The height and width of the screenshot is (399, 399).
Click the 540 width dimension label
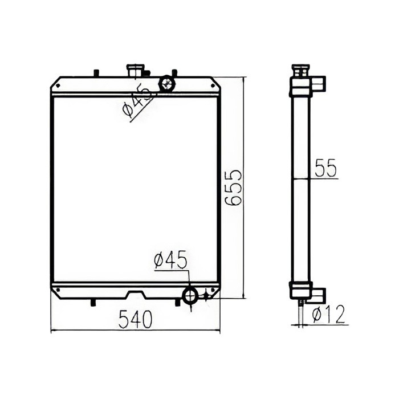pos(136,319)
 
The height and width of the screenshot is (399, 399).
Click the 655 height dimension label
pos(233,188)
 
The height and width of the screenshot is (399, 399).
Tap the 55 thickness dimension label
pos(325,168)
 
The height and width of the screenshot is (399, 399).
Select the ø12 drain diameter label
pos(328,314)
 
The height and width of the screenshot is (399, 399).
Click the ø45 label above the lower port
pos(170,260)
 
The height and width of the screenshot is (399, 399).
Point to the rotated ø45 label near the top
pos(138,101)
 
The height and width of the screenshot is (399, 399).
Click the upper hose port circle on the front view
pos(166,83)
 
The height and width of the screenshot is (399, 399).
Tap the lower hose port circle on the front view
pos(190,295)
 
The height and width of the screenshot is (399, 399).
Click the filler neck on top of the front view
pos(136,71)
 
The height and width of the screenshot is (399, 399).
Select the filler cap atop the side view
pos(300,71)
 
